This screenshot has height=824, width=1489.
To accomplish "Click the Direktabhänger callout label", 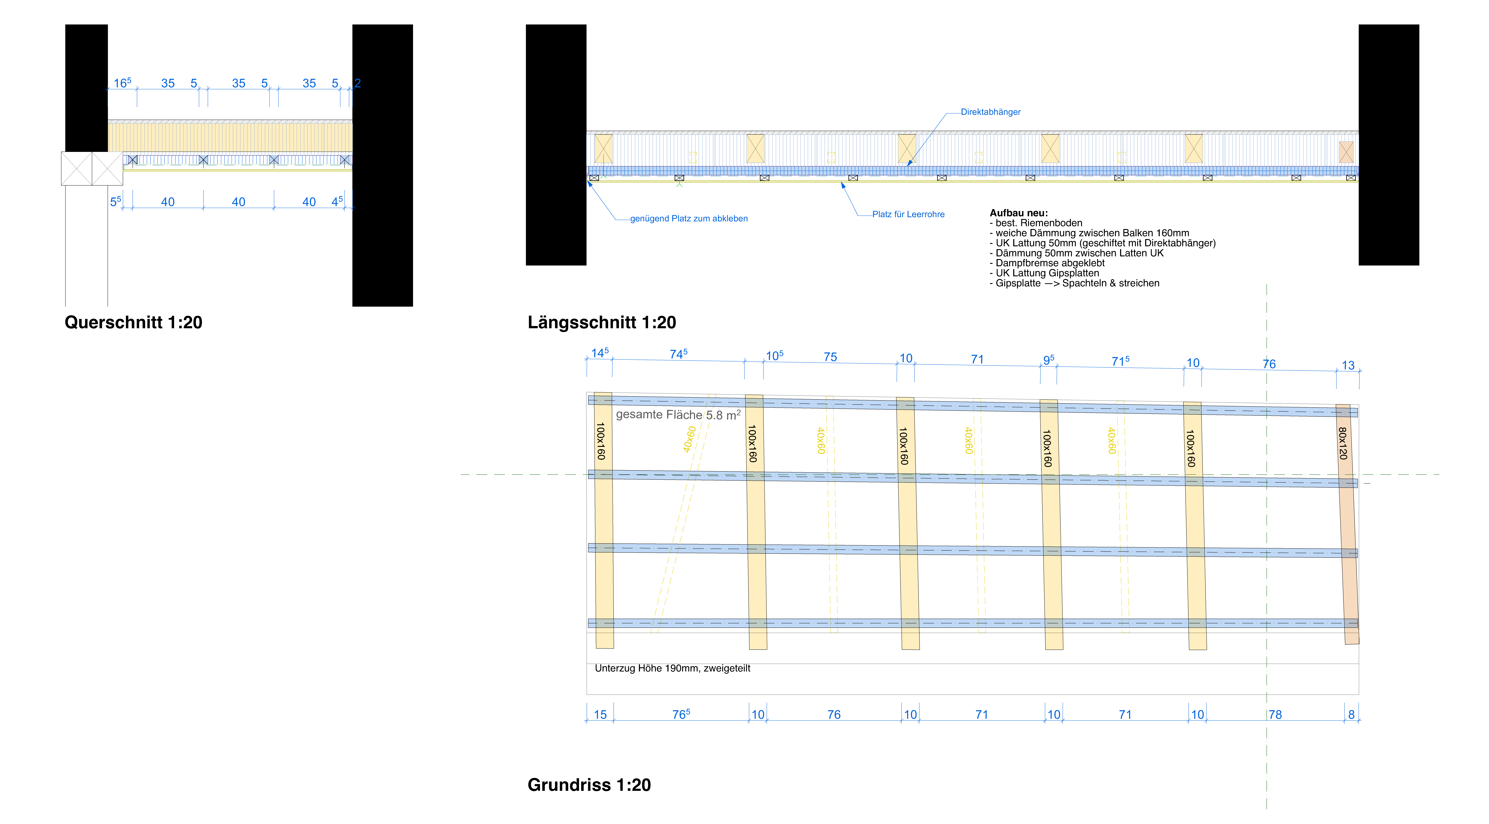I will [x=990, y=112].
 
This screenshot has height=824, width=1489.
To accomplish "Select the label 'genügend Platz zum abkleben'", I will [x=688, y=219].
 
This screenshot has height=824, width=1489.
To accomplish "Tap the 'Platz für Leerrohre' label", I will [x=908, y=214].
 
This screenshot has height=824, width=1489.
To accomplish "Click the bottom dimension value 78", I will [x=1275, y=715].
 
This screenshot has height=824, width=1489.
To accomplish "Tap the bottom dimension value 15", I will [x=601, y=715].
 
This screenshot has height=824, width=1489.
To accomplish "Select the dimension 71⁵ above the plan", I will [x=1120, y=361].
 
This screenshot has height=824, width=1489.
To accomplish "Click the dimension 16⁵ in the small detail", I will [x=122, y=83].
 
